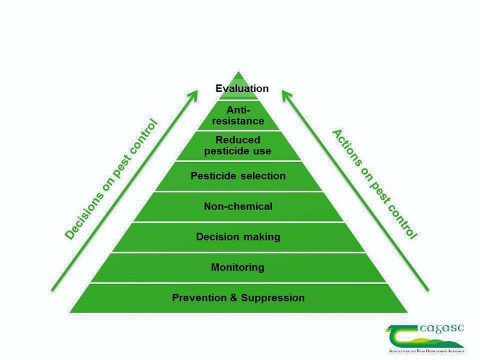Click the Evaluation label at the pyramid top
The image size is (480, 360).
(242, 89)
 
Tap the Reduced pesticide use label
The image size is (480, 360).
(238, 146)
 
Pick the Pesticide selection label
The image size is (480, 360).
(238, 176)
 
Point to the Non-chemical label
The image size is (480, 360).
(238, 206)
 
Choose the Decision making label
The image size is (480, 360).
(238, 237)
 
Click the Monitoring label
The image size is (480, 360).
(238, 267)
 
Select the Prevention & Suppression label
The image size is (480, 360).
(238, 298)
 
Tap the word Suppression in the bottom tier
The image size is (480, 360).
(273, 298)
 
